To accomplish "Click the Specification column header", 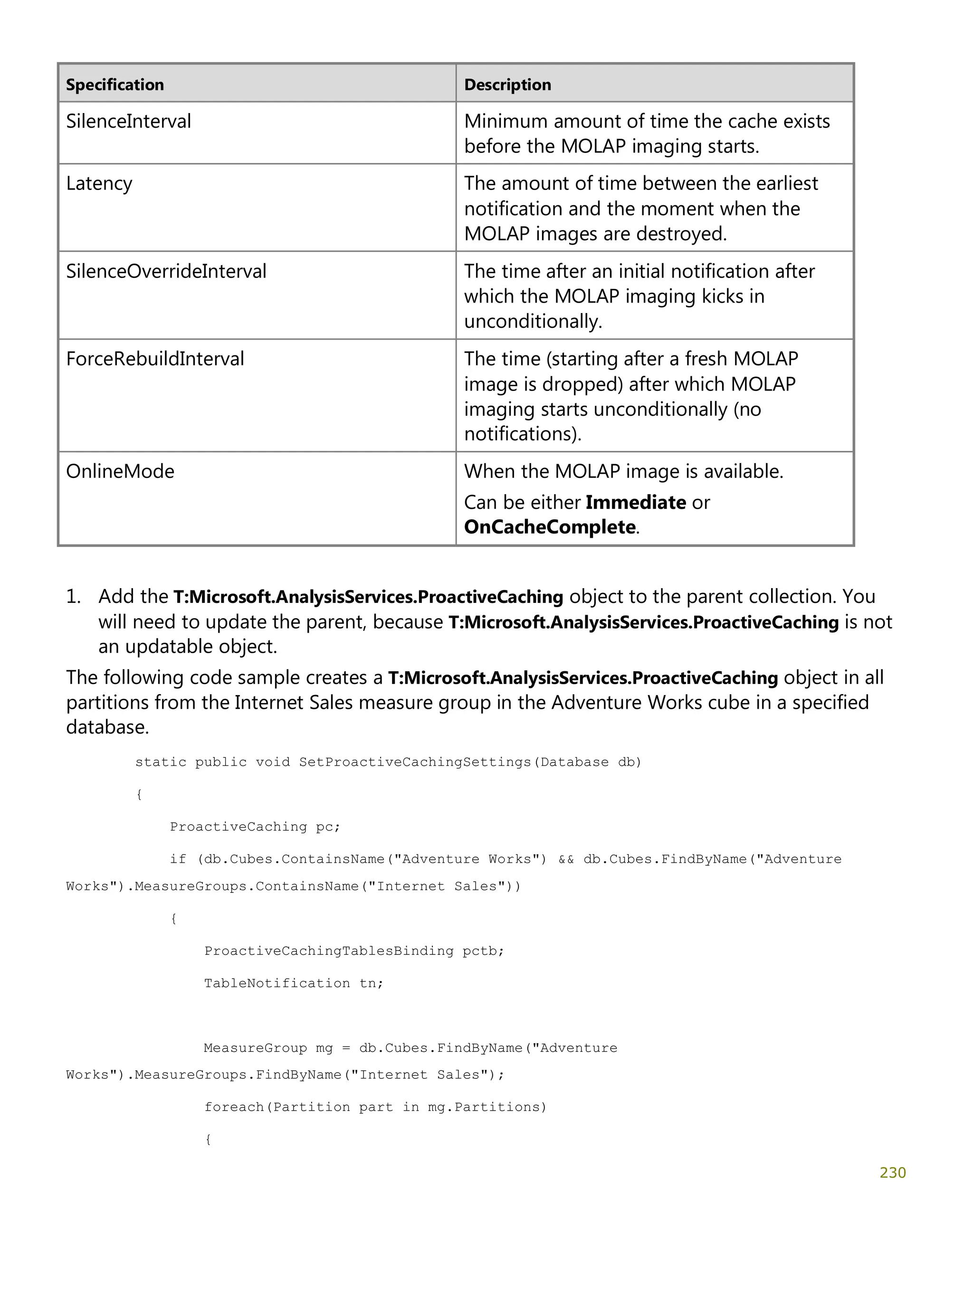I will (x=115, y=85).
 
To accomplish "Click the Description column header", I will (x=507, y=85).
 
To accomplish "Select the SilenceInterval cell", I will (x=128, y=121).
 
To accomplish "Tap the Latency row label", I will (x=99, y=183).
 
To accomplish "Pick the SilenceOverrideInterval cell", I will (x=166, y=271).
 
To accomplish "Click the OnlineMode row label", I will (x=120, y=471).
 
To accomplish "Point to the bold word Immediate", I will (x=635, y=502).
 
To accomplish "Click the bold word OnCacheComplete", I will (x=549, y=527).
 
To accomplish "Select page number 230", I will (x=892, y=1172).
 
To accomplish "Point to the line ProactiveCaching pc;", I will (x=255, y=827).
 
